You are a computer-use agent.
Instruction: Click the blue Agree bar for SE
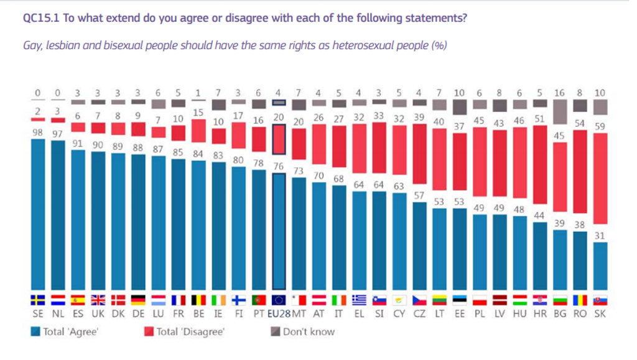point(38,215)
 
